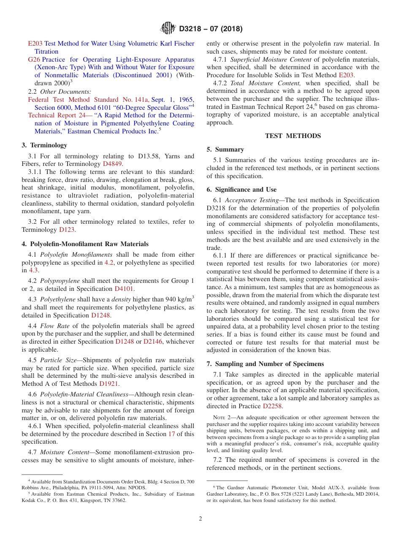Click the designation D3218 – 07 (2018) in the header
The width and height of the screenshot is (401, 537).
(x=211, y=29)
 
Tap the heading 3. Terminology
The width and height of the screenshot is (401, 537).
(x=44, y=145)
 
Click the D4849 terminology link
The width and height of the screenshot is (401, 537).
(x=112, y=164)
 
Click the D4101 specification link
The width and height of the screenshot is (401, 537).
(x=124, y=289)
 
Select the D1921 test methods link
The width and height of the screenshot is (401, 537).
(x=108, y=384)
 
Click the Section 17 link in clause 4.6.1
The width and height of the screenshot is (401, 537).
(x=171, y=434)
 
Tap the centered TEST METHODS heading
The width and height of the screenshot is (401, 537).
(x=293, y=136)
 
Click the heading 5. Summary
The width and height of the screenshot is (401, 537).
(x=225, y=149)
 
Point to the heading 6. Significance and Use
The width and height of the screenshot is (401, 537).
(x=241, y=190)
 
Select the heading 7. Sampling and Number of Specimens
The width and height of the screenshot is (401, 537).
(x=265, y=364)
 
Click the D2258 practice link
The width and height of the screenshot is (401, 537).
(x=273, y=406)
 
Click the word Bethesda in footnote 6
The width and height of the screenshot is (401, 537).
(x=347, y=494)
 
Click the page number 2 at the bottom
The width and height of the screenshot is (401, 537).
(x=200, y=519)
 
